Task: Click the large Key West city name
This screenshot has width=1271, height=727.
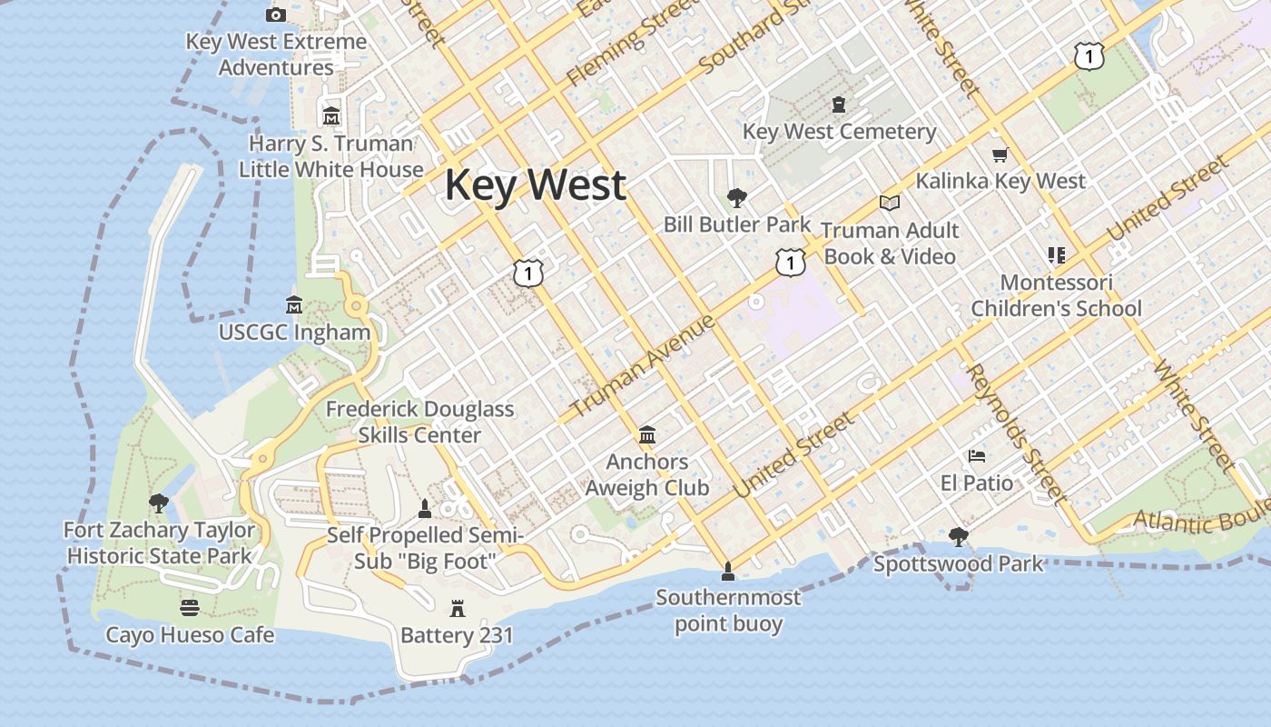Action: (535, 185)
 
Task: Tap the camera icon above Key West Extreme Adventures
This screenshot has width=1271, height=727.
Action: (276, 15)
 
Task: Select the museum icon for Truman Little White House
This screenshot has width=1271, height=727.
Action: (331, 116)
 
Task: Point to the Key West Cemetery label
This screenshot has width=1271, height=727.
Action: (839, 132)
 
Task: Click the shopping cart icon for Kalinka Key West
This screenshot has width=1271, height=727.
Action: (1000, 155)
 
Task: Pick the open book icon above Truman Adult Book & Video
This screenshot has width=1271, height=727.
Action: (890, 203)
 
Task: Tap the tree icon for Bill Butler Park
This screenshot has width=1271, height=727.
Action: (737, 197)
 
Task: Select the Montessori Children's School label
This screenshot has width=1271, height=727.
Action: (1056, 295)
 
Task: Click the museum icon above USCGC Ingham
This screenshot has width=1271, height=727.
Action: (294, 304)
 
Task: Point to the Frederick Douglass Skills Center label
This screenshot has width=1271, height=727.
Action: (419, 422)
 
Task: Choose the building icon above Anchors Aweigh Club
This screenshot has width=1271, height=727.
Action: (647, 435)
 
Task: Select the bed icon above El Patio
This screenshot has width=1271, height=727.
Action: (977, 455)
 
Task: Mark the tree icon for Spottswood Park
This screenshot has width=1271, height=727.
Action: (958, 537)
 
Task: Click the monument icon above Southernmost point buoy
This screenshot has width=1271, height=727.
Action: (727, 572)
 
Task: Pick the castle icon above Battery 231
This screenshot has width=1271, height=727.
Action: (458, 608)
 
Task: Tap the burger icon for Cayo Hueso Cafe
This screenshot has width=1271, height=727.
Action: (190, 607)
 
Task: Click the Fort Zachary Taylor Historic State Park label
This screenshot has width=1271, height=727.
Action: (160, 543)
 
